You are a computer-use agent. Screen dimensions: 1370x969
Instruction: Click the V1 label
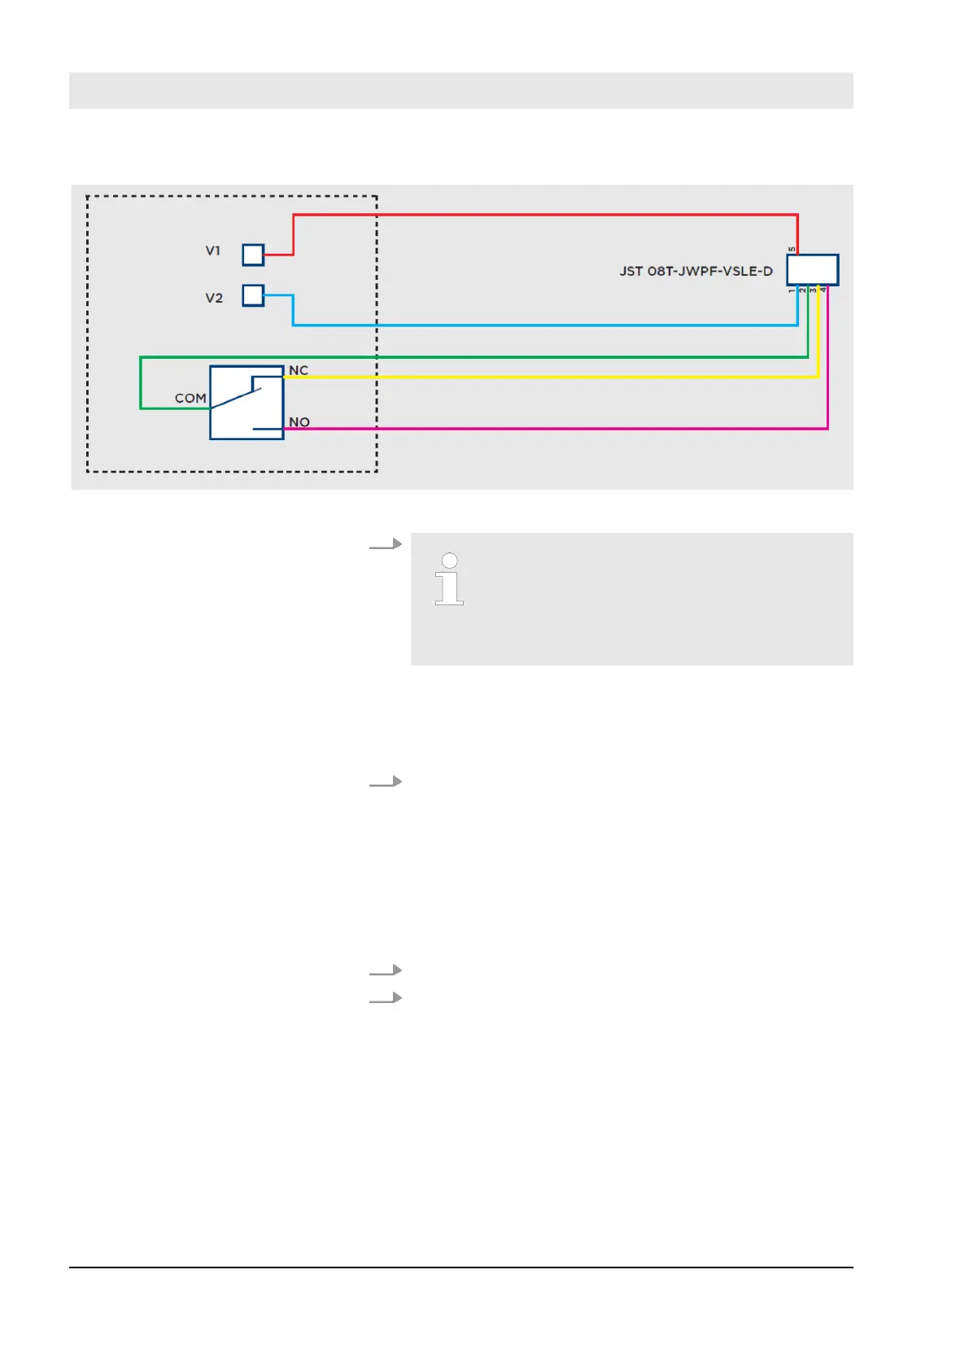(x=212, y=251)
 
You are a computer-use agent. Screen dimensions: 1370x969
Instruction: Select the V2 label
(x=214, y=298)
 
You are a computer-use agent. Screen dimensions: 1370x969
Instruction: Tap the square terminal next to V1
(x=253, y=255)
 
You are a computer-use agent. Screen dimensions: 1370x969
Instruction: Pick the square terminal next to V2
(x=253, y=295)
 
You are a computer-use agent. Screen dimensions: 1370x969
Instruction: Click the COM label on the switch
(x=190, y=398)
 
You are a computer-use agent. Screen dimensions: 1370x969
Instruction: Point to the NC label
(x=299, y=370)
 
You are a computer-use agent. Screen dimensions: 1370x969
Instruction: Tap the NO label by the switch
(x=299, y=422)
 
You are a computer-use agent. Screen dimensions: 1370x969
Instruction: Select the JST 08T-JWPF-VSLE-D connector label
(x=696, y=271)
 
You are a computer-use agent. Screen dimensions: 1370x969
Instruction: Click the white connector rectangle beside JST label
(x=812, y=270)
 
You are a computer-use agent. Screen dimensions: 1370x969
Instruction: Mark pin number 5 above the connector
(x=792, y=249)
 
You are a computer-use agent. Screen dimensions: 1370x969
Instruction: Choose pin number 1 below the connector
(x=792, y=290)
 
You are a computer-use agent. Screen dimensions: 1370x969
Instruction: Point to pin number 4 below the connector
(x=823, y=290)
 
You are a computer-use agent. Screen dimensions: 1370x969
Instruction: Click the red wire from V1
(x=545, y=215)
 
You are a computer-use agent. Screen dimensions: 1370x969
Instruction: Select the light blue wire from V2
(x=545, y=325)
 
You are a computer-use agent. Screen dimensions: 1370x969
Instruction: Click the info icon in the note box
(x=449, y=579)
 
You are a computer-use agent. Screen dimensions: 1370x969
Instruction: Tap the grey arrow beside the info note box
(x=386, y=544)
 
